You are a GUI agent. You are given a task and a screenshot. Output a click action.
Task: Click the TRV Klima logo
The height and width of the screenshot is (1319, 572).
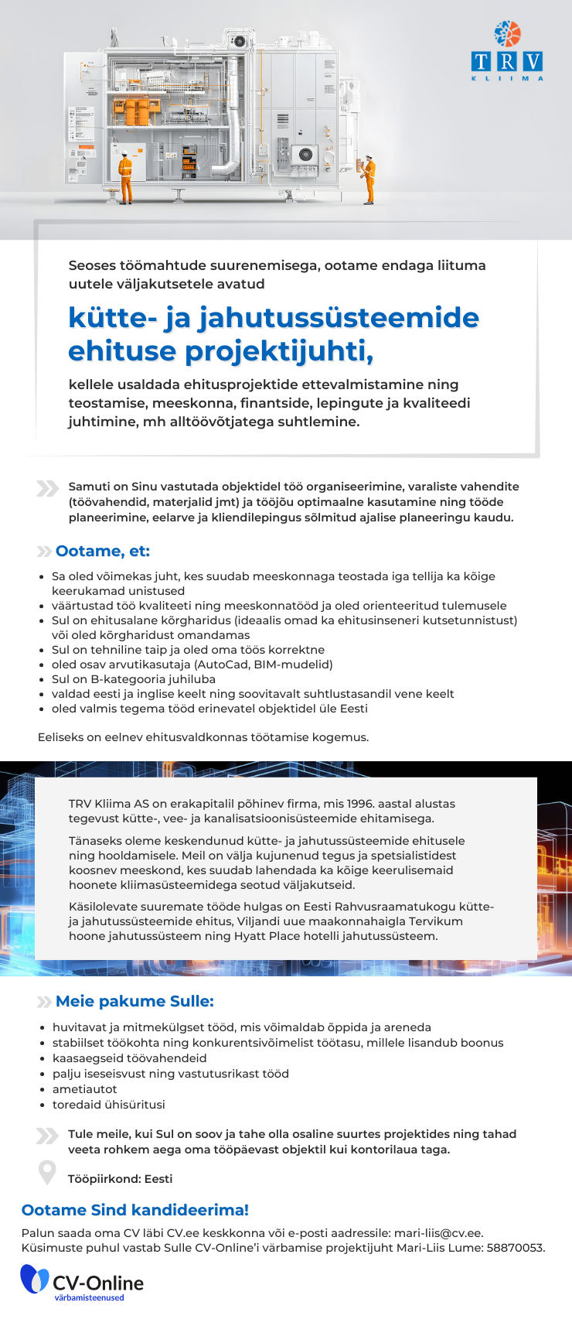click(507, 52)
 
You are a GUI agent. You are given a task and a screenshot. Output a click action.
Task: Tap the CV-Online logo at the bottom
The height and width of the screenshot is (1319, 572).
click(82, 1282)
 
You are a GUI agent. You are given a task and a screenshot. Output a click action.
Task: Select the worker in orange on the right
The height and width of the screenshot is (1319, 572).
click(370, 179)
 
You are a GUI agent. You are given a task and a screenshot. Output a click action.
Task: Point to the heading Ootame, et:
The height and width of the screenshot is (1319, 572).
click(102, 551)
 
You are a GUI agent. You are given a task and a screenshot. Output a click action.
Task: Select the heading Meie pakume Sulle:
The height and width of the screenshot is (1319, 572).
click(134, 1001)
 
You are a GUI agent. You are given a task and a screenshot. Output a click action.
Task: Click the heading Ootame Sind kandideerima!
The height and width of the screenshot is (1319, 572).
click(135, 1210)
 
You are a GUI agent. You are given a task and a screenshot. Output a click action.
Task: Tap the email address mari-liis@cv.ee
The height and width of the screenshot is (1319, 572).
click(438, 1232)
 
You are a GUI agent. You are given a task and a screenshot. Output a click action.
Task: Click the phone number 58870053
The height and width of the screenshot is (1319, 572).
click(515, 1247)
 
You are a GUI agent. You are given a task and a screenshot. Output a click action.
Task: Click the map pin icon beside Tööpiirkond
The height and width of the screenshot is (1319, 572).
click(47, 1173)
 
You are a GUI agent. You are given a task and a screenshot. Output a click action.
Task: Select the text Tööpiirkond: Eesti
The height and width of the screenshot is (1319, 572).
click(120, 1179)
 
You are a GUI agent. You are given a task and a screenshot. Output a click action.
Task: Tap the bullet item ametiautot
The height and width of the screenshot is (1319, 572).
click(84, 1089)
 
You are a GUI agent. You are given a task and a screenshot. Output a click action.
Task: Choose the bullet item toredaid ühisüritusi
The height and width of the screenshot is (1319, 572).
click(108, 1105)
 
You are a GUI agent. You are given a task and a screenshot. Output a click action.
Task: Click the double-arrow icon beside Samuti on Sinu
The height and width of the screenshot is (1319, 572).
click(47, 488)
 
